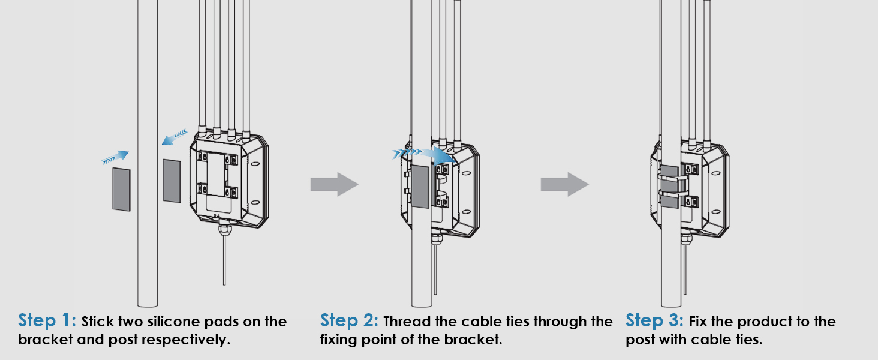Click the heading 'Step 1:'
pos(47,320)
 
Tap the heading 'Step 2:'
pos(350,320)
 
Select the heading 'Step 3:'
pos(655,320)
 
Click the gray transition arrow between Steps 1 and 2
pos(334,184)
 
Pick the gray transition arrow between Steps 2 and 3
pos(564,184)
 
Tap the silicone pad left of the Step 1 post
pos(121,189)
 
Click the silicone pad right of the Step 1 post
pos(172,180)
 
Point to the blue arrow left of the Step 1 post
pos(115,158)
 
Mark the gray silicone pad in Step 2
pos(419,187)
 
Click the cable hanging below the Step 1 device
pos(224,258)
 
